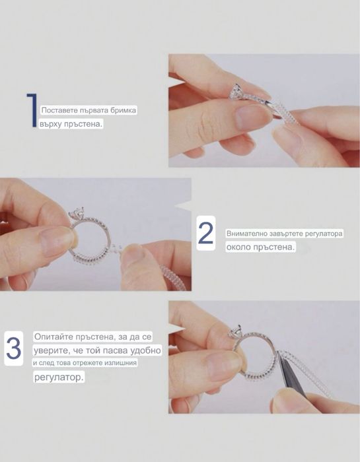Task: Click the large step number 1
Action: pos(32,110)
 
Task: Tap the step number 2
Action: pos(206,233)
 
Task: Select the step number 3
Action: pos(14,348)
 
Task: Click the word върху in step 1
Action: pos(50,124)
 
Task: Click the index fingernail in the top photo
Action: pos(253,116)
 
